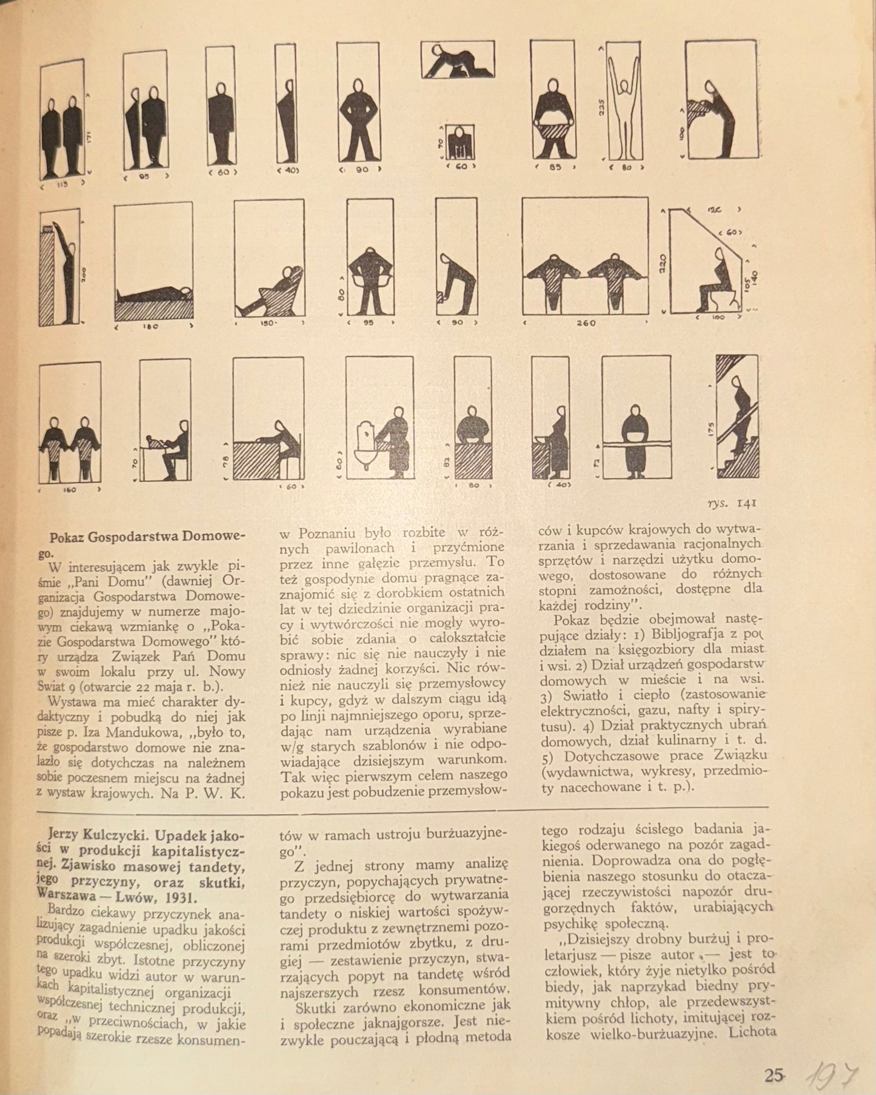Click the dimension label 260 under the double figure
[586, 323]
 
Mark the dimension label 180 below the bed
[152, 326]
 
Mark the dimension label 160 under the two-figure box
[70, 490]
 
